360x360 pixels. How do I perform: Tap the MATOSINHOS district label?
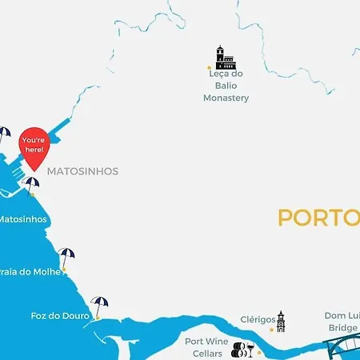point(82,171)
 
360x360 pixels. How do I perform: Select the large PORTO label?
point(318,218)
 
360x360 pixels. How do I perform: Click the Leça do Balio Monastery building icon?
point(225,57)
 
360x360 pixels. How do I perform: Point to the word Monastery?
point(226,98)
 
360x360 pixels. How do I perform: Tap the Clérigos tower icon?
point(281,322)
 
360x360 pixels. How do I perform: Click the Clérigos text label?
point(258,320)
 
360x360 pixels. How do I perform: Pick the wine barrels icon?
point(238,349)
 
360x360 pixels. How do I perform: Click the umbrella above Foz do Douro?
point(99,305)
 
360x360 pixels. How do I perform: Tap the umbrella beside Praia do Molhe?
point(66,256)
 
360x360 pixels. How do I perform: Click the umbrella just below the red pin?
point(31,185)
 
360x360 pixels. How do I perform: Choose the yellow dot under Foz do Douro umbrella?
point(96,318)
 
